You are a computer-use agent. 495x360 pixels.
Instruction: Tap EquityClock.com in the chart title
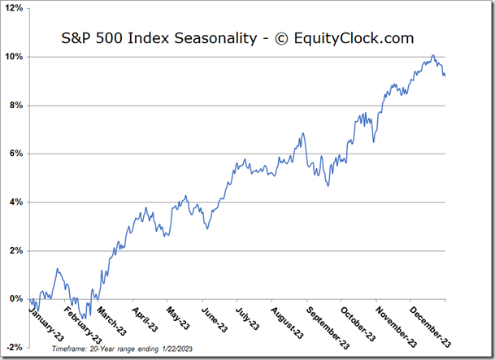[354, 38]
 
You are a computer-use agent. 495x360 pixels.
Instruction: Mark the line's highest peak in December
[432, 55]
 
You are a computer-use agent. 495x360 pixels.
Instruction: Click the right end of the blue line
[445, 76]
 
